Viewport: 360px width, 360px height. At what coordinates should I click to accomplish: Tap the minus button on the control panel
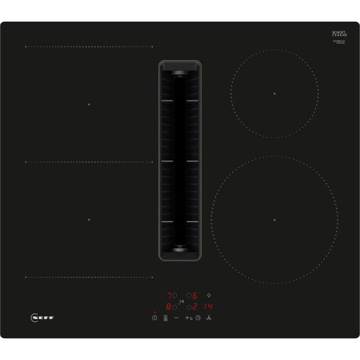coord(176,318)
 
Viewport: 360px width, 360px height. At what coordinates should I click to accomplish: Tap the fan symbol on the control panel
coord(209,318)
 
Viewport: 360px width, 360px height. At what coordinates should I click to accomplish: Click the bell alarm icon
coord(209,296)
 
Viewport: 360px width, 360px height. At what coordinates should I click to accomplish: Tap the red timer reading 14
coord(208,308)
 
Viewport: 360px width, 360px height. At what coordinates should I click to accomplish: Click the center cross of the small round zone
coord(275,94)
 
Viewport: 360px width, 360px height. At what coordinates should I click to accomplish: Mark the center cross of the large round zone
coord(275,220)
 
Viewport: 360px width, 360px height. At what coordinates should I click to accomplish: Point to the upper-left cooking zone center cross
coord(88,104)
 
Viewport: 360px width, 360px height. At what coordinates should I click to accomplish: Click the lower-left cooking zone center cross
coord(88,220)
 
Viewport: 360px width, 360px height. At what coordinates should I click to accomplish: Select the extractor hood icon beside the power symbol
coord(165,318)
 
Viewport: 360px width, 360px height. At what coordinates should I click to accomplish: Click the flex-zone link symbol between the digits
coord(182,302)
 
